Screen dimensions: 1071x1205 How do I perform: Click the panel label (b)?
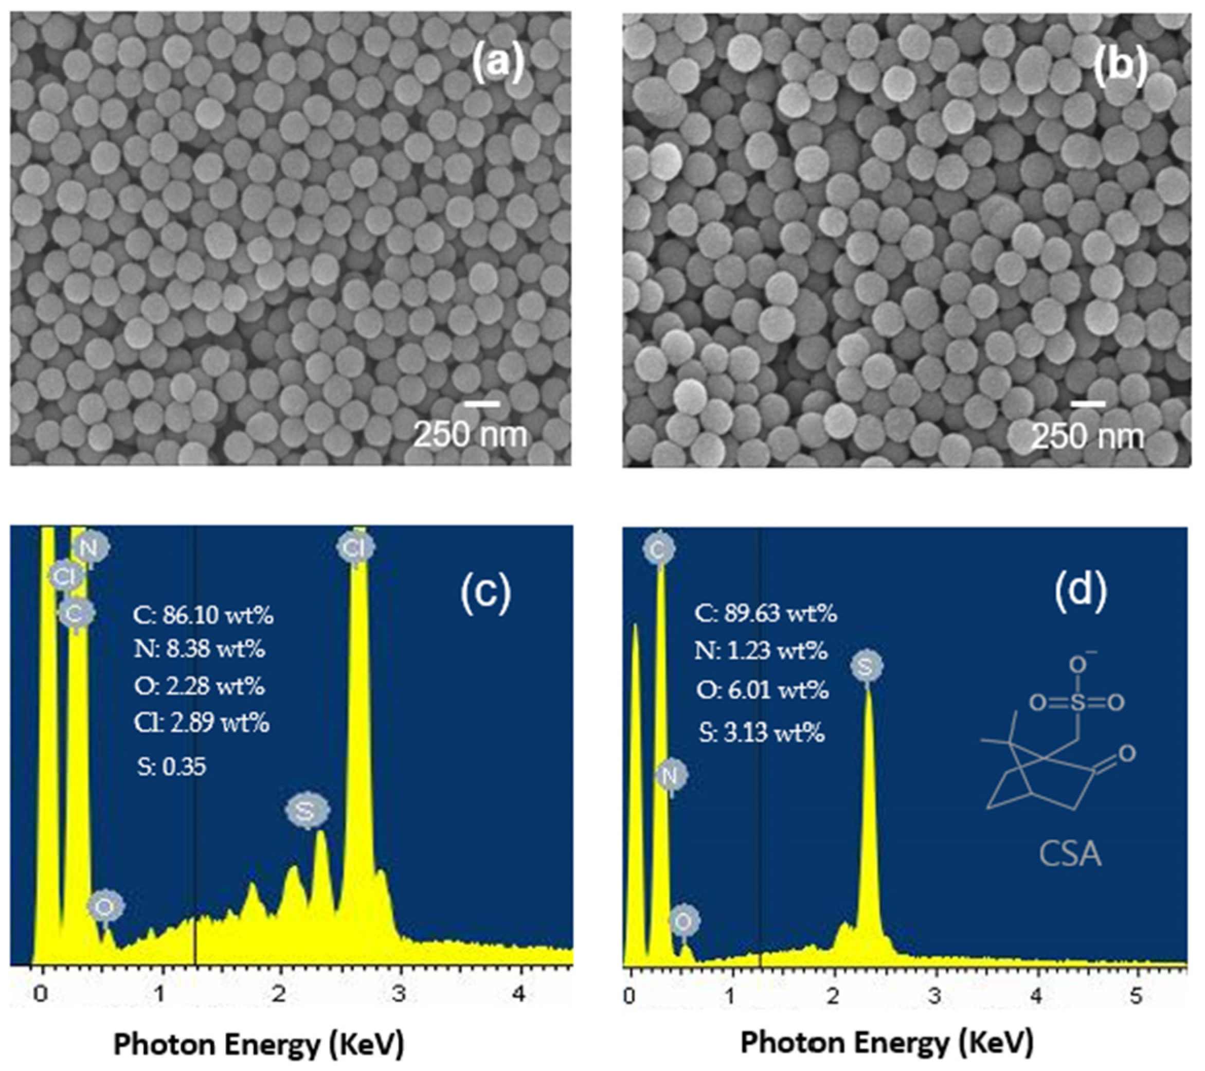(1120, 64)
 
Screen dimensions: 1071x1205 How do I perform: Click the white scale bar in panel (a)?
(482, 404)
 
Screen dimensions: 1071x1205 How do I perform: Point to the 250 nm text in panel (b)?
(1088, 436)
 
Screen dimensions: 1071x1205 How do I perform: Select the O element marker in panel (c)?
(105, 906)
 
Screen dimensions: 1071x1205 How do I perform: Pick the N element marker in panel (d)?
(670, 776)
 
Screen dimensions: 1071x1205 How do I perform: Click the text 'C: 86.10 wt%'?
(203, 616)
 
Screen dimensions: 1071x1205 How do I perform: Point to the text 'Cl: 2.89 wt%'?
(202, 722)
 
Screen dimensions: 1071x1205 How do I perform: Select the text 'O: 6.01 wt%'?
(762, 690)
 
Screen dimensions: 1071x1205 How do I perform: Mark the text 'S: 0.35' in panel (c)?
(172, 766)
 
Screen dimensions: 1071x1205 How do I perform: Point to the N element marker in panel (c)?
(89, 548)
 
